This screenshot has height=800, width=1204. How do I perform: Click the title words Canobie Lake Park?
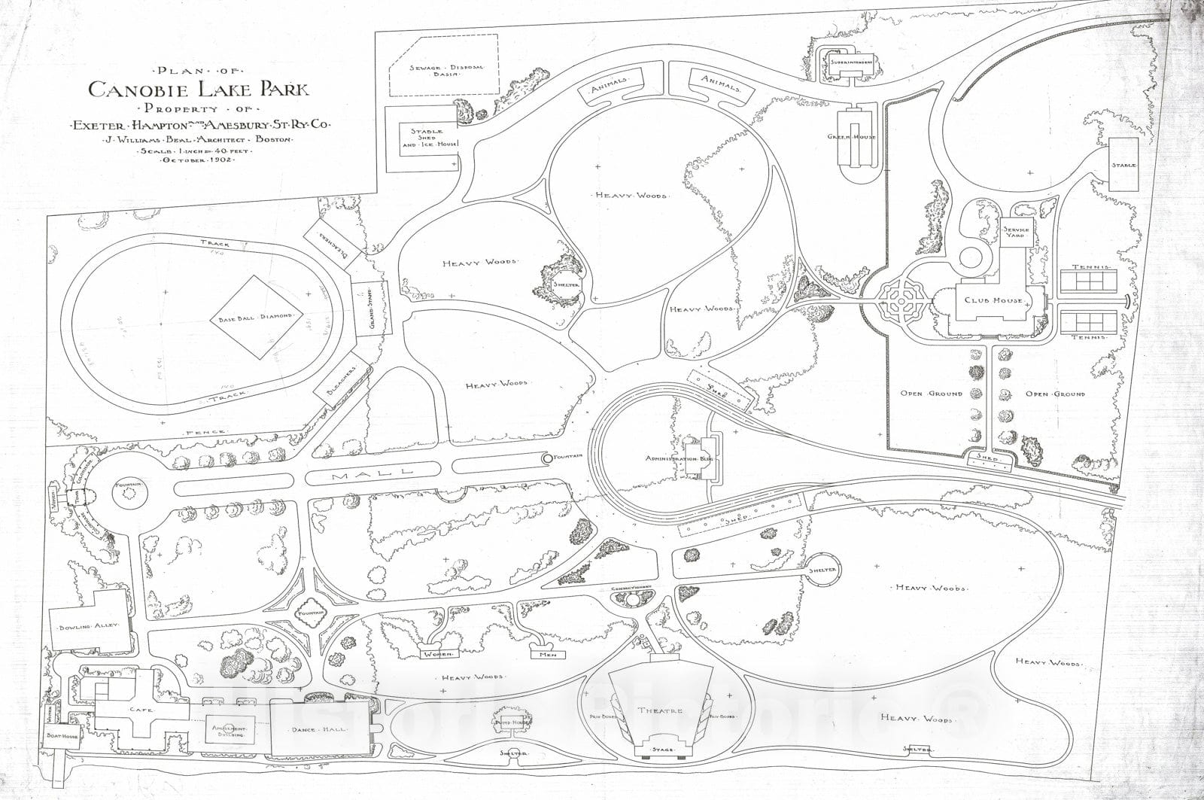click(199, 90)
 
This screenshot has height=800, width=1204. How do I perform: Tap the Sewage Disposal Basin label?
click(445, 71)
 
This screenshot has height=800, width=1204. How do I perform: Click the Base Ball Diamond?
click(256, 317)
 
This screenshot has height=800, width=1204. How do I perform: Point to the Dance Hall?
click(320, 729)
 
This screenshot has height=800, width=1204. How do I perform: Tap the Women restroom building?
click(436, 653)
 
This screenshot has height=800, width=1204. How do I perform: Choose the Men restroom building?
click(547, 654)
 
